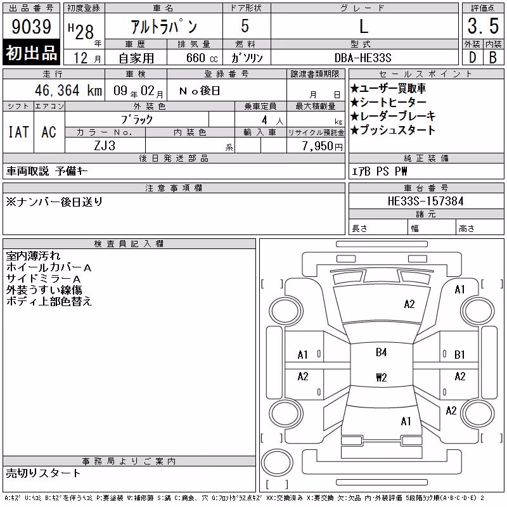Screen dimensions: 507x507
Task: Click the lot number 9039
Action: (x=31, y=27)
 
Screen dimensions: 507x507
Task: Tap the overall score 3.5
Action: (x=483, y=26)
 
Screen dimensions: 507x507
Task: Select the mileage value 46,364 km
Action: (x=68, y=90)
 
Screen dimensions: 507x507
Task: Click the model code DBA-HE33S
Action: (x=363, y=58)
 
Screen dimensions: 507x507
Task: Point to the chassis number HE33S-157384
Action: (x=425, y=201)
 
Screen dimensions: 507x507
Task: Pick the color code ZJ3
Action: (x=105, y=146)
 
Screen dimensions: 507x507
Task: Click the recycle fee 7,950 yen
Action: (x=323, y=146)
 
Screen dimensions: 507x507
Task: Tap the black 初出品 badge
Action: (x=31, y=52)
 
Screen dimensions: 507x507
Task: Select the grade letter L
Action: (x=364, y=26)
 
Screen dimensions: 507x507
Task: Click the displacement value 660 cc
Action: (x=202, y=58)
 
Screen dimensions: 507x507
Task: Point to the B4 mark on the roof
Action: (x=382, y=352)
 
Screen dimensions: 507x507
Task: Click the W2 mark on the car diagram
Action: (x=382, y=377)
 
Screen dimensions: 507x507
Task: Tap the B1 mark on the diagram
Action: (x=459, y=355)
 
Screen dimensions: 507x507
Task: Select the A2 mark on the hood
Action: (x=409, y=304)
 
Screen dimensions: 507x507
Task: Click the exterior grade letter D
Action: (x=472, y=58)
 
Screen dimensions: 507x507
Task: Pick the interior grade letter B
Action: (x=493, y=58)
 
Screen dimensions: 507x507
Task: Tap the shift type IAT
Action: (x=18, y=132)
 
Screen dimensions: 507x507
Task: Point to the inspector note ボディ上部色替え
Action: (x=49, y=301)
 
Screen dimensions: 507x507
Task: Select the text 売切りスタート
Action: (x=43, y=473)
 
